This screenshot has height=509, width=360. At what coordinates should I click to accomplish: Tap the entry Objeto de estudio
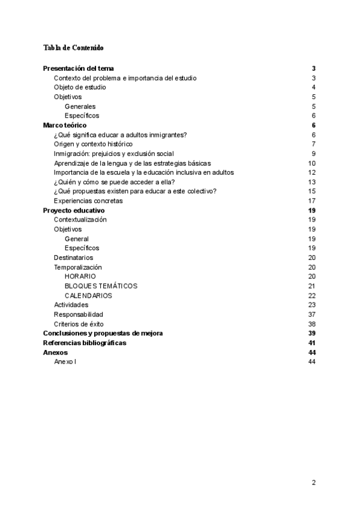80,87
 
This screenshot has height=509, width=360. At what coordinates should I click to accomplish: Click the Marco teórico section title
65,125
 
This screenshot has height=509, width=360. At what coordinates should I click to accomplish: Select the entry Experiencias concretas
88,200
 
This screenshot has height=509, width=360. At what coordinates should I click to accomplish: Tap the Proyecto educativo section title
74,210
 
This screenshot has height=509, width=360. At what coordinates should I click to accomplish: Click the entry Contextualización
80,220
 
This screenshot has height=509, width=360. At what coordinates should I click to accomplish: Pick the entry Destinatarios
73,258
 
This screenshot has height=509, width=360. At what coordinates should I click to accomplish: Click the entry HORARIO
80,276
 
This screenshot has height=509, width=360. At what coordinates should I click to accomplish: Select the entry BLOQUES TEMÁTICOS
101,286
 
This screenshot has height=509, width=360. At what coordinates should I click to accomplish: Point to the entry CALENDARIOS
88,295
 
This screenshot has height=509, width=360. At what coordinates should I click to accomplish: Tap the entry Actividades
71,305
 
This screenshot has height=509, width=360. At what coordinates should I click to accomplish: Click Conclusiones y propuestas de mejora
103,333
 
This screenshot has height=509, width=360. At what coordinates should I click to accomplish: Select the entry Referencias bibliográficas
85,343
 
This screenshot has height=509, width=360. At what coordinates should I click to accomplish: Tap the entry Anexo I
65,362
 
